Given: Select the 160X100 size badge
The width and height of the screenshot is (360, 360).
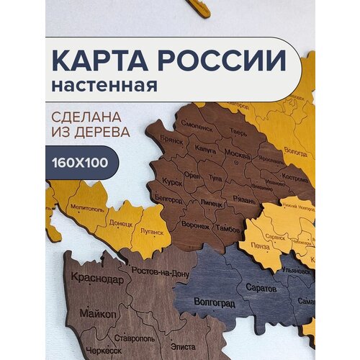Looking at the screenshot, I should click(x=81, y=162).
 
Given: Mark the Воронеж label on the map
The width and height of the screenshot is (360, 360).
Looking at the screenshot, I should click(x=196, y=224).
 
